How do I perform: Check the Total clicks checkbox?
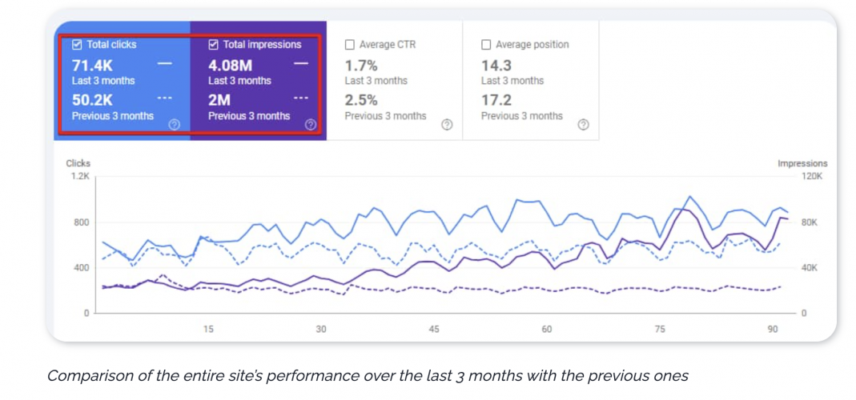[x=77, y=45]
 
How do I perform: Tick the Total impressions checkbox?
[x=213, y=45]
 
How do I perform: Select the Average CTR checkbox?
[x=350, y=45]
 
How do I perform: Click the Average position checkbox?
[x=486, y=45]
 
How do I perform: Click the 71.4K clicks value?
[x=93, y=66]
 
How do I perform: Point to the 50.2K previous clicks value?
[x=93, y=101]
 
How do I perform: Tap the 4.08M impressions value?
[x=231, y=66]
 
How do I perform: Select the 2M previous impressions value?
[x=219, y=101]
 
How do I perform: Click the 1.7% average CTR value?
[x=361, y=66]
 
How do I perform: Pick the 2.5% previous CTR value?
[x=361, y=101]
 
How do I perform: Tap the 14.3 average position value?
[x=496, y=66]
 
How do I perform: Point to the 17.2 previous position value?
[x=496, y=101]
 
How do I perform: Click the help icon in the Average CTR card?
[x=447, y=125]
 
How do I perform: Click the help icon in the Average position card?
[x=583, y=125]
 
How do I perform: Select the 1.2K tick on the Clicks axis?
[x=80, y=176]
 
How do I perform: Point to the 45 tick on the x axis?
[x=434, y=329]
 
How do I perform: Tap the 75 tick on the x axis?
[x=660, y=329]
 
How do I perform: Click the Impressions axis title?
[x=802, y=163]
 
